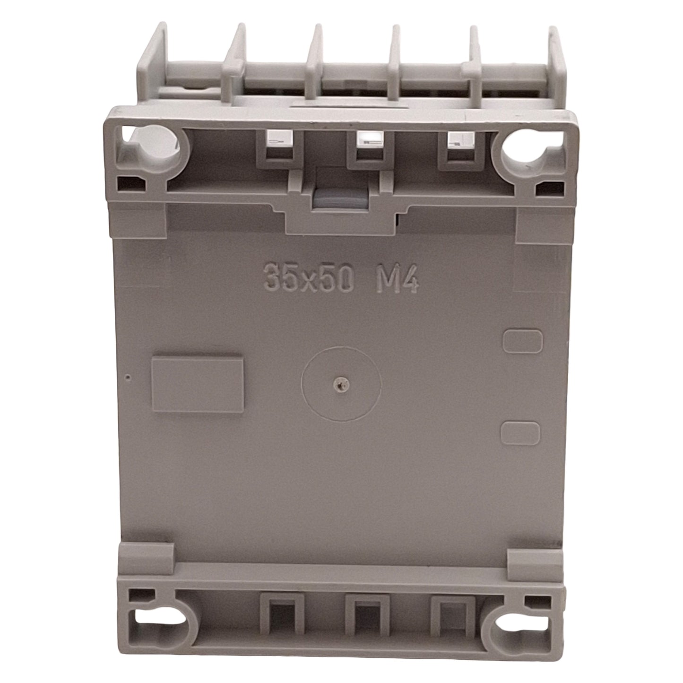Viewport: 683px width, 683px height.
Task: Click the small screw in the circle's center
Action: coord(341,383)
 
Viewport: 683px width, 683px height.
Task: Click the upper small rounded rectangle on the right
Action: coord(523,341)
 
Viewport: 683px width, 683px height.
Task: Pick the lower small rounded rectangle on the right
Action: coord(521,433)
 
